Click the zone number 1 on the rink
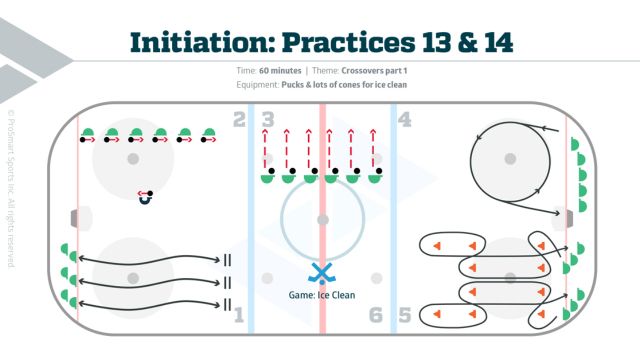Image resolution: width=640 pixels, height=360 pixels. tap(238, 315)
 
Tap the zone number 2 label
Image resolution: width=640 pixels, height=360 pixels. tap(238, 121)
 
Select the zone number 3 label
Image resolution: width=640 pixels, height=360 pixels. tap(267, 121)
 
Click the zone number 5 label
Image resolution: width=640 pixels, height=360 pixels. tap(404, 315)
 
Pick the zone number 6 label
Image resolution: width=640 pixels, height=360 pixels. tap(376, 315)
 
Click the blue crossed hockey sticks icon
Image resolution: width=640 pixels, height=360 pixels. tap(321, 273)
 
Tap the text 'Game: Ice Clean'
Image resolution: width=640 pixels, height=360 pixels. tap(321, 295)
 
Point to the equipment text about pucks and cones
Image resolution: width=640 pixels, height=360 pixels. tap(349, 85)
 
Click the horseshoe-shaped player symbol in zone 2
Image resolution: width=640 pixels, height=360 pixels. tap(146, 198)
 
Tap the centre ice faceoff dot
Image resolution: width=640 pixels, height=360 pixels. tap(322, 218)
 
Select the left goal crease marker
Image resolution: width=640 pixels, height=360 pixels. tap(73, 217)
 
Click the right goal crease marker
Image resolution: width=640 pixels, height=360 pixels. tap(569, 217)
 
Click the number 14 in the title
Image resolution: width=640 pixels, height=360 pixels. tap(491, 41)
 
